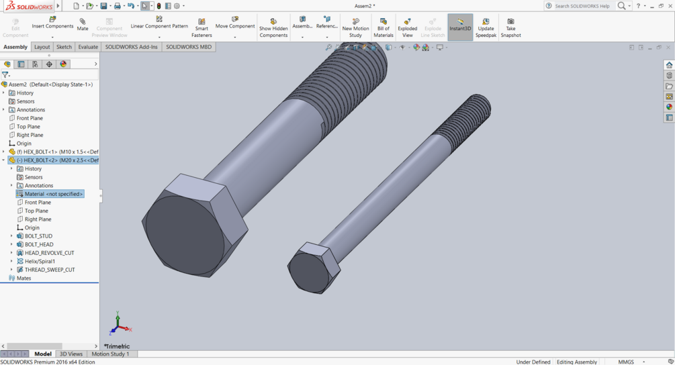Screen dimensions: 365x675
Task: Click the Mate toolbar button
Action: click(83, 24)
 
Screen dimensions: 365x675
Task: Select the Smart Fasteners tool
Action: click(201, 27)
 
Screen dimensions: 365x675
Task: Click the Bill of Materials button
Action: click(384, 27)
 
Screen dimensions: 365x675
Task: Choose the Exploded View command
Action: click(407, 27)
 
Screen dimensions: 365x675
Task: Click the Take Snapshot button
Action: click(510, 27)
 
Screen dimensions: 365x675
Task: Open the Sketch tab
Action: click(64, 47)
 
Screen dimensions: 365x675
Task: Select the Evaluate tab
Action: click(88, 47)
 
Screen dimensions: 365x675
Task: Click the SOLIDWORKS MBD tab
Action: click(189, 47)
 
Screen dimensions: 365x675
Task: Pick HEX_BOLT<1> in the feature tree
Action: click(56, 152)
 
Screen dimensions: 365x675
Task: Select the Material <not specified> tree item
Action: click(54, 194)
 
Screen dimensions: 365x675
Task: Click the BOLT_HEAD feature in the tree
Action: click(39, 244)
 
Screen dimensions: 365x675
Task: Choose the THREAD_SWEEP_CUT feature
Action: click(50, 270)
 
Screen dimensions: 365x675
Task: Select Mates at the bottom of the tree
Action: click(24, 278)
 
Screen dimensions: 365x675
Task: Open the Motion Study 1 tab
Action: click(110, 354)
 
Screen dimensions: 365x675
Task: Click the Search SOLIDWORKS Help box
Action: click(582, 6)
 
